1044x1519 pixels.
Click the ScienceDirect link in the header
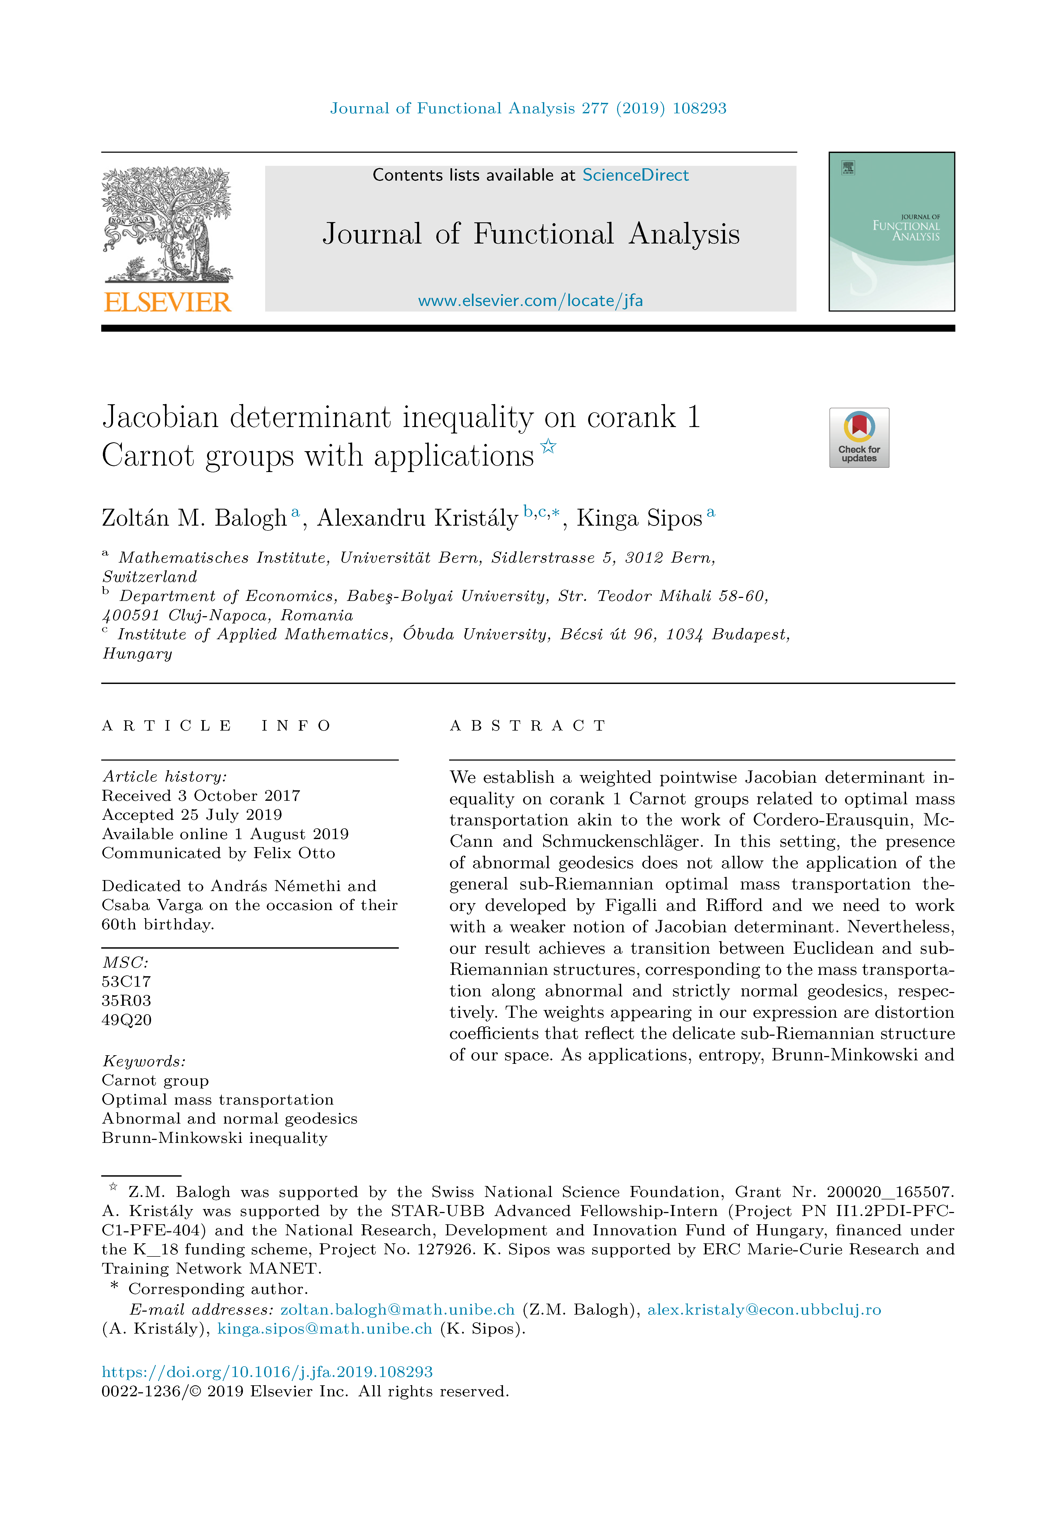tap(635, 175)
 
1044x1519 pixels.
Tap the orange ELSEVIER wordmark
tap(167, 302)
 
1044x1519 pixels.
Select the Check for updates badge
tap(859, 438)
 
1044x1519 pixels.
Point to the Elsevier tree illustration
tap(167, 222)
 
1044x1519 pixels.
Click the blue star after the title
tap(548, 447)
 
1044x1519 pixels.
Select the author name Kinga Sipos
tap(639, 518)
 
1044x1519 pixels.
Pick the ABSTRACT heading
tap(528, 725)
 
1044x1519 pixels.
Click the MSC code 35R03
tap(126, 1001)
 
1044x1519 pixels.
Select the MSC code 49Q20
tap(126, 1020)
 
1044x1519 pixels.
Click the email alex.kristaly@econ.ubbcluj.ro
tap(764, 1310)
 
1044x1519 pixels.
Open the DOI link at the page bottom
tap(267, 1372)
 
